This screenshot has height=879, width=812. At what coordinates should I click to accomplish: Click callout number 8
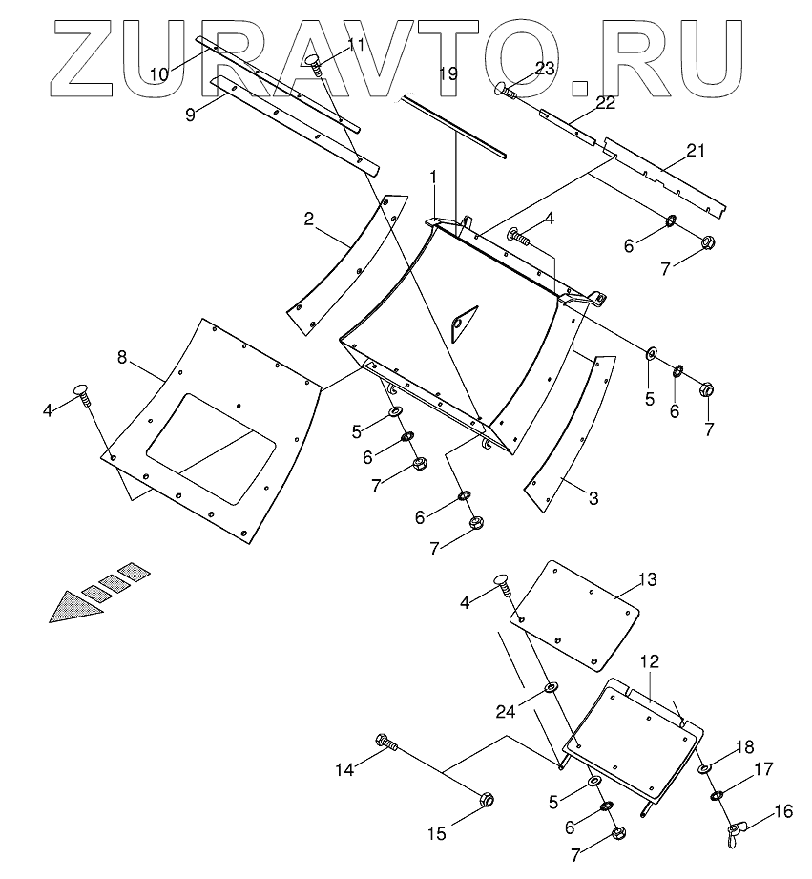tap(122, 357)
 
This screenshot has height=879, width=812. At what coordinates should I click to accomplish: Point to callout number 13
tap(648, 578)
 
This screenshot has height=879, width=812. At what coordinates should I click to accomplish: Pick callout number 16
tap(783, 812)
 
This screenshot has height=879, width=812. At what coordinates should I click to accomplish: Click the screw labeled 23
tap(506, 92)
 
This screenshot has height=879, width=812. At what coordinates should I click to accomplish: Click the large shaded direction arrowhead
tap(76, 606)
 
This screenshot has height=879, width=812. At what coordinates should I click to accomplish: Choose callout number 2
tap(309, 219)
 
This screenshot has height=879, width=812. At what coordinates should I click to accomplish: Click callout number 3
tap(593, 497)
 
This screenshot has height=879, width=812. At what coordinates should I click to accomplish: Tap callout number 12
tap(650, 660)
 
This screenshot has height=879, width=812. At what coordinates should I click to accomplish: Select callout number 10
tap(159, 73)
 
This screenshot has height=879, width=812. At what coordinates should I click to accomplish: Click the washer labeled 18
tap(704, 768)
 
